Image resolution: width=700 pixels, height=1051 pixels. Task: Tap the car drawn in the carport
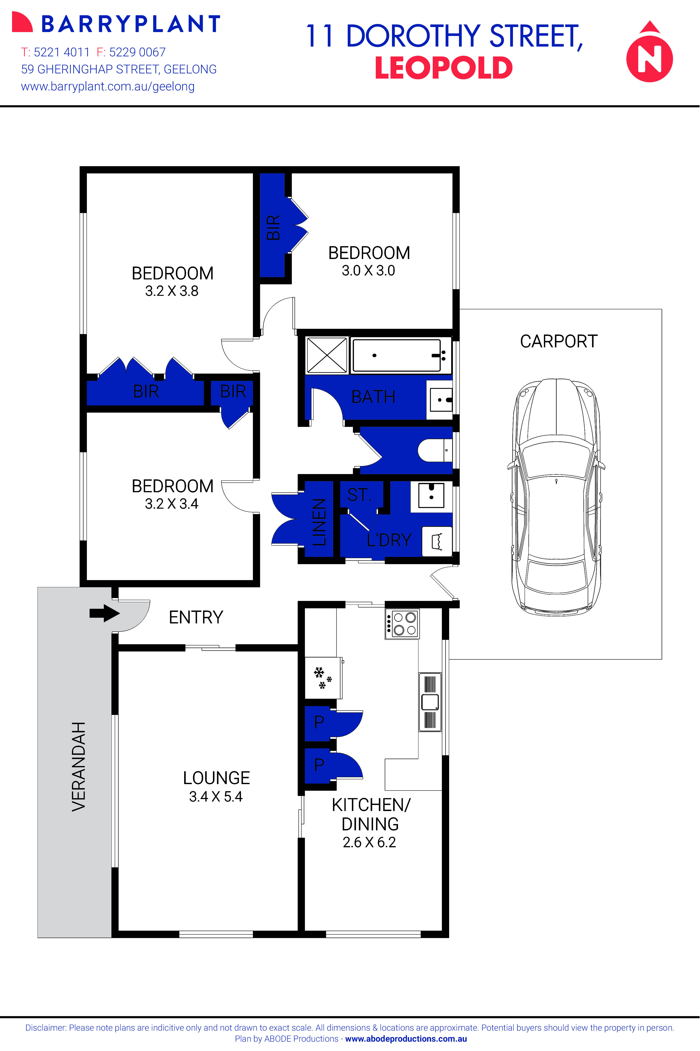click(556, 496)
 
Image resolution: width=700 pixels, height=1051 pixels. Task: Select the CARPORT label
click(558, 342)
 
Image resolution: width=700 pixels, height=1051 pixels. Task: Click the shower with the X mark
click(327, 355)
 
